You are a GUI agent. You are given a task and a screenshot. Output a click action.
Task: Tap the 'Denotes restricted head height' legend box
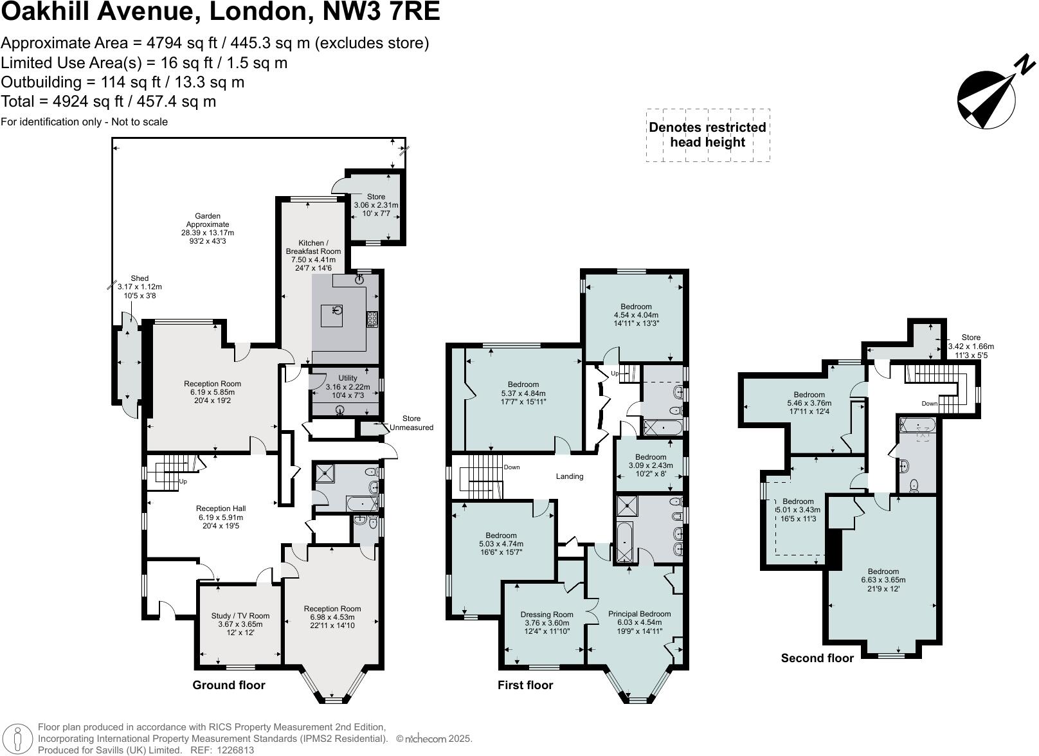click(707, 135)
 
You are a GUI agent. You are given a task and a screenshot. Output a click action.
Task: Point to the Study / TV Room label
click(240, 624)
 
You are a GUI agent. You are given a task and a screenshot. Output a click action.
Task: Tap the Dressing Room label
click(546, 622)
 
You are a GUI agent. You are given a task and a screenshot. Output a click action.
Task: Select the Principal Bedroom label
click(639, 622)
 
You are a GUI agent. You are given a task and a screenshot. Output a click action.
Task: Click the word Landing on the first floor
click(570, 476)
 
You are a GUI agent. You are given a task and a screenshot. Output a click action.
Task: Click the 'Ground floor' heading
click(229, 685)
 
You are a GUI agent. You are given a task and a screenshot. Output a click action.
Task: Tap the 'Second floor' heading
click(817, 658)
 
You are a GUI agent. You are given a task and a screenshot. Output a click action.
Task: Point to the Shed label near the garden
click(140, 287)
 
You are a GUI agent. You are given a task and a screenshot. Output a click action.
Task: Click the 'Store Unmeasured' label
click(411, 423)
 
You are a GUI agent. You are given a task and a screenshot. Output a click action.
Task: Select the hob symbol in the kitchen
click(372, 319)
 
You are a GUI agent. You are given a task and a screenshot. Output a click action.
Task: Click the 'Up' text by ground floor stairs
click(183, 482)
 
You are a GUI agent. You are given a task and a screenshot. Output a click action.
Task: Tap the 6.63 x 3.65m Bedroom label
click(883, 580)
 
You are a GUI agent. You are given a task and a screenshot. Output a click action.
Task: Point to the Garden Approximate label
click(208, 228)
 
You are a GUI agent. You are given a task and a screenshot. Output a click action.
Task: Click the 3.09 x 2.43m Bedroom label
click(650, 465)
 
